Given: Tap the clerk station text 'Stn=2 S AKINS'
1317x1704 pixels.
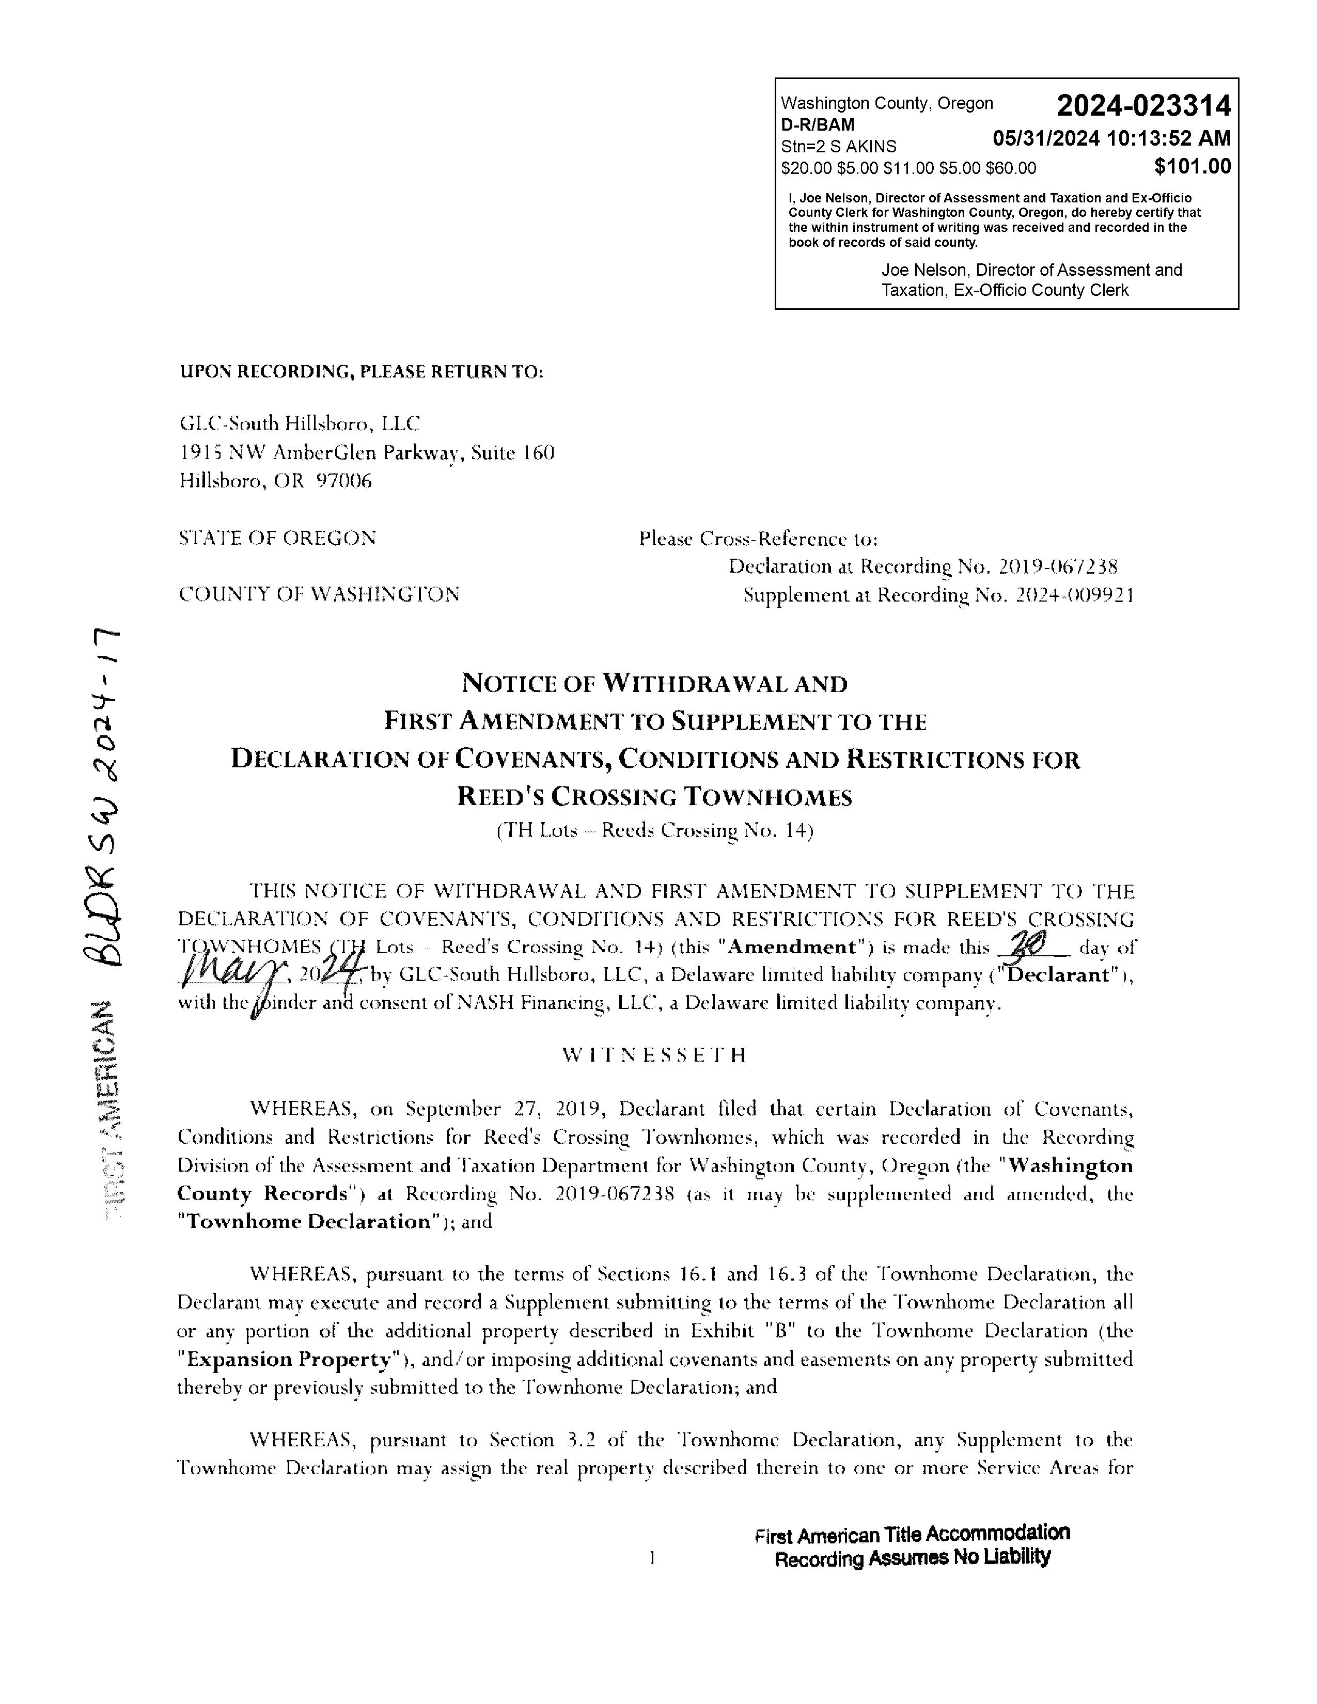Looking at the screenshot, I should [x=838, y=147].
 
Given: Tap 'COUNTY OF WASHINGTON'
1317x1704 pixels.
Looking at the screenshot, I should [x=319, y=594].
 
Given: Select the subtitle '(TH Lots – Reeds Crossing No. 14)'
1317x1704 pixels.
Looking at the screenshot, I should [x=654, y=830].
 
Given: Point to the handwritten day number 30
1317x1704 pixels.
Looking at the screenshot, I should [x=1026, y=945].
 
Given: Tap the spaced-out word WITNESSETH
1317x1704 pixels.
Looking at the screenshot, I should [x=654, y=1055].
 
